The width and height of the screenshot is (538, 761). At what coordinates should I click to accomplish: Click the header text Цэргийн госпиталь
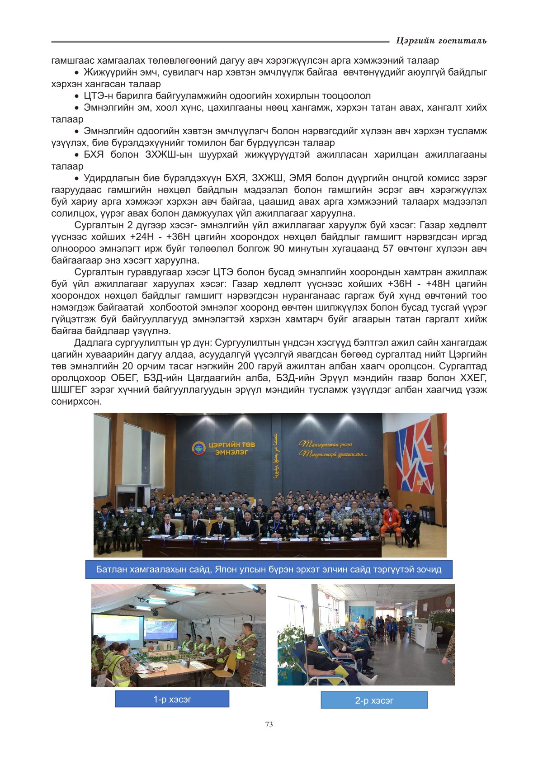(x=441, y=41)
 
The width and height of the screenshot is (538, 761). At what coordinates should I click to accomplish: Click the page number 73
(x=269, y=724)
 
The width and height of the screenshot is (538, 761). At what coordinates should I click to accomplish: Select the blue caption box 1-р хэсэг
(x=172, y=699)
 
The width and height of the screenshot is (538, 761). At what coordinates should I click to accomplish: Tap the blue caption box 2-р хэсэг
(x=374, y=700)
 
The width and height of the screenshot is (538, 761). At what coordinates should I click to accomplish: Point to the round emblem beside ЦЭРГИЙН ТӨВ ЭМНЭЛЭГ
(x=198, y=449)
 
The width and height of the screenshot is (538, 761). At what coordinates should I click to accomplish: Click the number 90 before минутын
(x=279, y=249)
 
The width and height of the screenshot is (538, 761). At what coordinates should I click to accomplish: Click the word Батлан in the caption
(x=111, y=569)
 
